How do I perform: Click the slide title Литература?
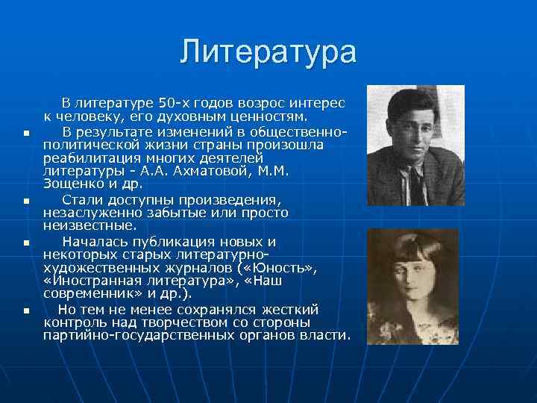click(268, 52)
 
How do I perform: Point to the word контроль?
click(74, 322)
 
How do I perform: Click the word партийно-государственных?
click(137, 335)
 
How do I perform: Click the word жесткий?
click(292, 309)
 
